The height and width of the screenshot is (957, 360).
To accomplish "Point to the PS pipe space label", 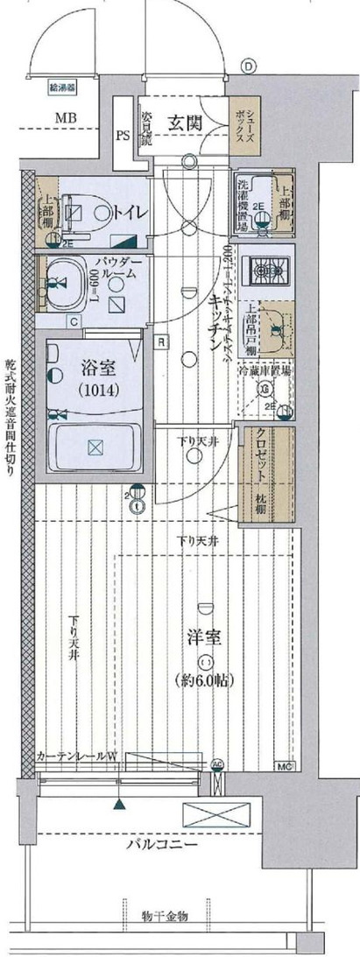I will [123, 136].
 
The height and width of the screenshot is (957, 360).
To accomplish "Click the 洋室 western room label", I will [204, 637].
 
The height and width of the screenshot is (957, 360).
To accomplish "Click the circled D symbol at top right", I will [248, 66].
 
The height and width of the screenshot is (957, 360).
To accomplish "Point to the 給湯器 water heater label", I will [62, 87].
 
